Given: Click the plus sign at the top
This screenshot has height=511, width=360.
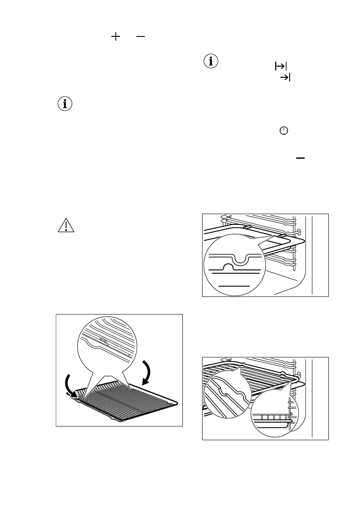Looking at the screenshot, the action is pyautogui.click(x=115, y=37).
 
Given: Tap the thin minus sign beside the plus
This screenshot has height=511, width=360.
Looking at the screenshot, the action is pyautogui.click(x=141, y=37).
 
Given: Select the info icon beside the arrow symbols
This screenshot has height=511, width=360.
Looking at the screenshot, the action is pyautogui.click(x=210, y=61).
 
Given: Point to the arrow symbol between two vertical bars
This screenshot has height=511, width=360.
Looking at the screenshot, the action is pyautogui.click(x=280, y=66).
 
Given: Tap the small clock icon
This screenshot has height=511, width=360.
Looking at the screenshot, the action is pyautogui.click(x=283, y=131).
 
